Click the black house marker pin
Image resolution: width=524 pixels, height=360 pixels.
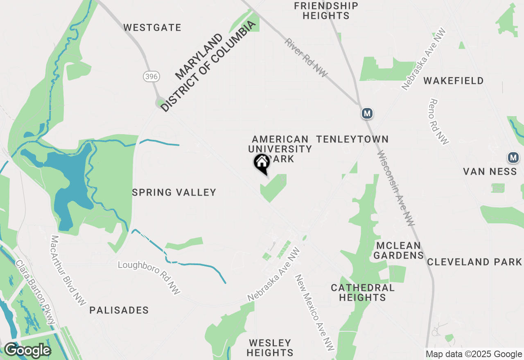[262, 163]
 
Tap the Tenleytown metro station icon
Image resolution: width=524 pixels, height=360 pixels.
[367, 113]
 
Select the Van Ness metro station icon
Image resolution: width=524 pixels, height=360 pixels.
[513, 157]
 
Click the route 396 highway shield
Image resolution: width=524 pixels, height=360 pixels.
[151, 76]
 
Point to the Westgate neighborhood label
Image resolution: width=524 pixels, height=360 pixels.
[152, 28]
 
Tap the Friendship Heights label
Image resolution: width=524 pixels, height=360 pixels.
[326, 11]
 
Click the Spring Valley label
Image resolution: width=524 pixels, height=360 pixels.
[174, 192]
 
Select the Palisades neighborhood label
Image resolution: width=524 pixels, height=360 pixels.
[119, 310]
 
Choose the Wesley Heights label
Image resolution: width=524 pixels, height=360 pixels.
[270, 347]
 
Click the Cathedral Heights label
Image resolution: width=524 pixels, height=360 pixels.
[362, 292]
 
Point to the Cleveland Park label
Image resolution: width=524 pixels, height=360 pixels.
[474, 262]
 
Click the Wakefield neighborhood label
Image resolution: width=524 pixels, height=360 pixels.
[454, 81]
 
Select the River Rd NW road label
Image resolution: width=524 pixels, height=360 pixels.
[307, 58]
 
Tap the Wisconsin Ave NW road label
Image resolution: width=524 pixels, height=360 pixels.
[396, 189]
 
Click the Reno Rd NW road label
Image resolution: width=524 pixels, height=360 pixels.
[438, 122]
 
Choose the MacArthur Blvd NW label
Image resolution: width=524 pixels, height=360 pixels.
[68, 270]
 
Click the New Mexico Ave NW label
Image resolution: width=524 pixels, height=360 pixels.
[315, 312]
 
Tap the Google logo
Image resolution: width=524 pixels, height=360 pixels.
[27, 350]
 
